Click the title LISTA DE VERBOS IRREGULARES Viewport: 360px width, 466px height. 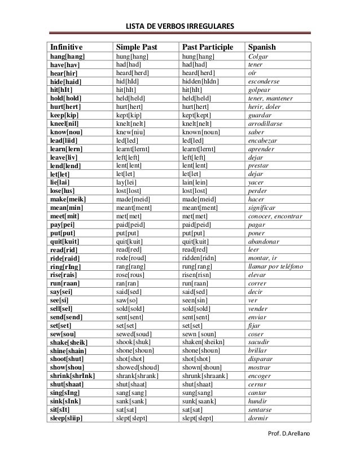[x=179, y=27]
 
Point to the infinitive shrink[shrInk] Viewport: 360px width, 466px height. [x=72, y=376]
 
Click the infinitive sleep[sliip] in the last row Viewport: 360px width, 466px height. [x=67, y=418]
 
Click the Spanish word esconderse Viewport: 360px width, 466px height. [x=267, y=81]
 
